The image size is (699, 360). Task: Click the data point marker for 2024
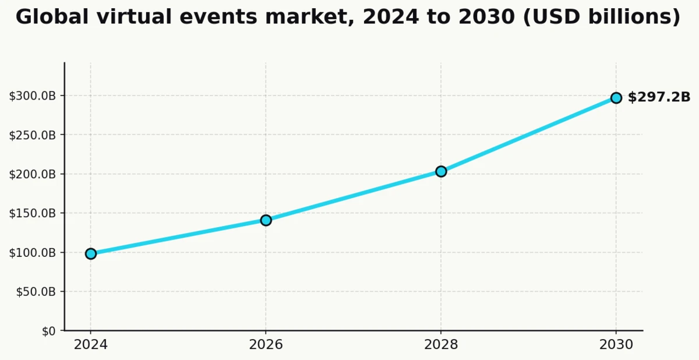pyautogui.click(x=91, y=253)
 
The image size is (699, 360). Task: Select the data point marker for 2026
pyautogui.click(x=266, y=220)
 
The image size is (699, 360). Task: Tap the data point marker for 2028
pyautogui.click(x=441, y=171)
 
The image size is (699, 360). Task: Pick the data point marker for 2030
pyautogui.click(x=616, y=98)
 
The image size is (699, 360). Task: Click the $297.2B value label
pyautogui.click(x=659, y=97)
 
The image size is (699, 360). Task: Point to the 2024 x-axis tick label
pyautogui.click(x=91, y=345)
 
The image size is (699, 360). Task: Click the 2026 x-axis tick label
pyautogui.click(x=266, y=345)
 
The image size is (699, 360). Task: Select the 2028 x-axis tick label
pyautogui.click(x=441, y=345)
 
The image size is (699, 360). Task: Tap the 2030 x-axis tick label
pyautogui.click(x=616, y=345)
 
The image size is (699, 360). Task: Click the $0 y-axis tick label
pyautogui.click(x=48, y=331)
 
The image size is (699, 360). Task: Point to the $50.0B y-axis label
pyautogui.click(x=36, y=292)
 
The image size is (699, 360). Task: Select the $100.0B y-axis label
pyautogui.click(x=33, y=253)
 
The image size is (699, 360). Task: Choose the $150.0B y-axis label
pyautogui.click(x=33, y=213)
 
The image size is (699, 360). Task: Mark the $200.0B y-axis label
pyautogui.click(x=33, y=174)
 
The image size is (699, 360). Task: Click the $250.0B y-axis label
pyautogui.click(x=33, y=135)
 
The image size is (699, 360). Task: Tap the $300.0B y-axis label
pyautogui.click(x=33, y=96)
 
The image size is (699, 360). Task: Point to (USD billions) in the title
pyautogui.click(x=601, y=17)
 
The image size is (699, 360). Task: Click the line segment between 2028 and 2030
pyautogui.click(x=528, y=135)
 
